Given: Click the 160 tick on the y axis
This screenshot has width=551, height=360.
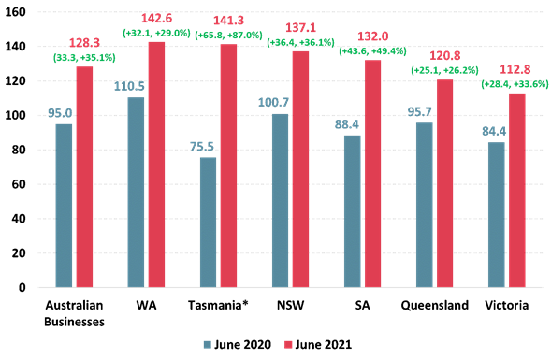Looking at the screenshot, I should pyautogui.click(x=25, y=12).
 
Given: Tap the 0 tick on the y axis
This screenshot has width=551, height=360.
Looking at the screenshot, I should pyautogui.click(x=32, y=287).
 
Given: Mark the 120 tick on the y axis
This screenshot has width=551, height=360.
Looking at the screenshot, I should pyautogui.click(x=25, y=81).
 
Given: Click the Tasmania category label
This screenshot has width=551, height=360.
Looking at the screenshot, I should pyautogui.click(x=219, y=306).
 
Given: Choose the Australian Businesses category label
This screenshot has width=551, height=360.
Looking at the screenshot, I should pyautogui.click(x=75, y=312).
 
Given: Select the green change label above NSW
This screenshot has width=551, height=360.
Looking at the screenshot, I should pyautogui.click(x=301, y=42).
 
